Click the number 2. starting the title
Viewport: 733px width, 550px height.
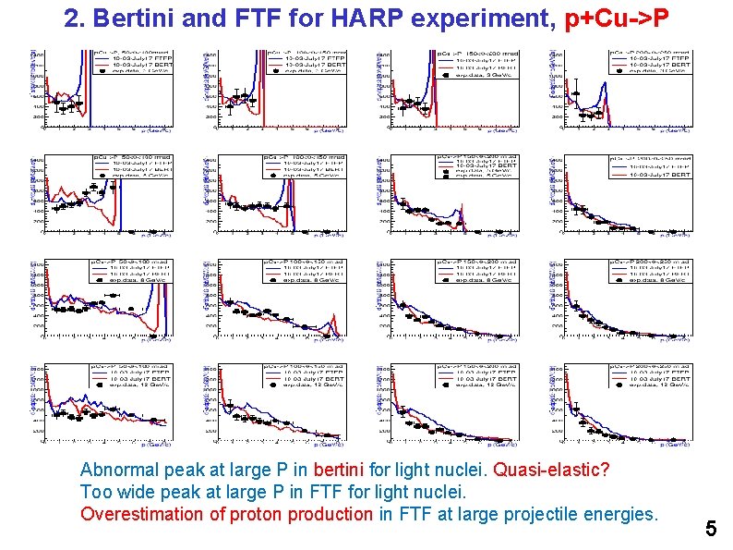(77, 18)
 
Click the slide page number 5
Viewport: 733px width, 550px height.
(710, 530)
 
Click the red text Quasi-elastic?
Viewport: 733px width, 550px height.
(552, 470)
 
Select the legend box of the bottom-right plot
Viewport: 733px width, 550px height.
(650, 373)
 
